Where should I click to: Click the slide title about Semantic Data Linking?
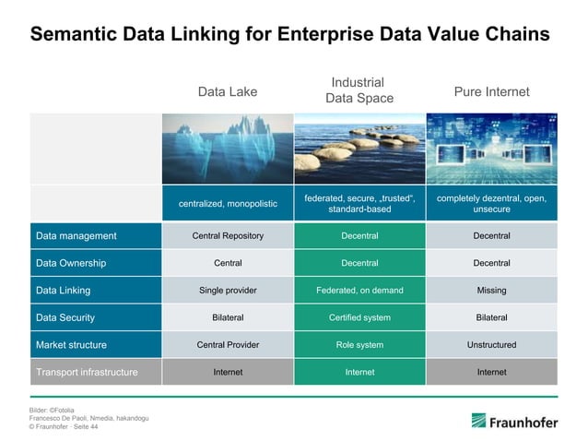pyautogui.click(x=289, y=34)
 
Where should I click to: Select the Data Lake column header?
pyautogui.click(x=228, y=91)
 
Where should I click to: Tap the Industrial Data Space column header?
pyautogui.click(x=359, y=90)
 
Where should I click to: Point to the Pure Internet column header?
pyautogui.click(x=491, y=91)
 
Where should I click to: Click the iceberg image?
pyautogui.click(x=228, y=148)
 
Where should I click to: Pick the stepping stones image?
pyautogui.click(x=359, y=148)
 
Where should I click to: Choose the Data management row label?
pyautogui.click(x=76, y=236)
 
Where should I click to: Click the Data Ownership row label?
pyautogui.click(x=71, y=263)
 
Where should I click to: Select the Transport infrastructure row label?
pyautogui.click(x=87, y=373)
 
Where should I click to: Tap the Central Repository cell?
pyautogui.click(x=228, y=236)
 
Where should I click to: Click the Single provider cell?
pyautogui.click(x=228, y=291)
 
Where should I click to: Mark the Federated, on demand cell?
pyautogui.click(x=359, y=291)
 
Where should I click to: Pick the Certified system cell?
pyautogui.click(x=359, y=317)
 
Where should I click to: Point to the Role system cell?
pyautogui.click(x=359, y=345)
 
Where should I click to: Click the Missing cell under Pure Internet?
pyautogui.click(x=491, y=291)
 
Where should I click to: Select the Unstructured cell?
pyautogui.click(x=491, y=345)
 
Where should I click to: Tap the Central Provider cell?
pyautogui.click(x=228, y=345)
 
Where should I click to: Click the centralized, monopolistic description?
pyautogui.click(x=228, y=203)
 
